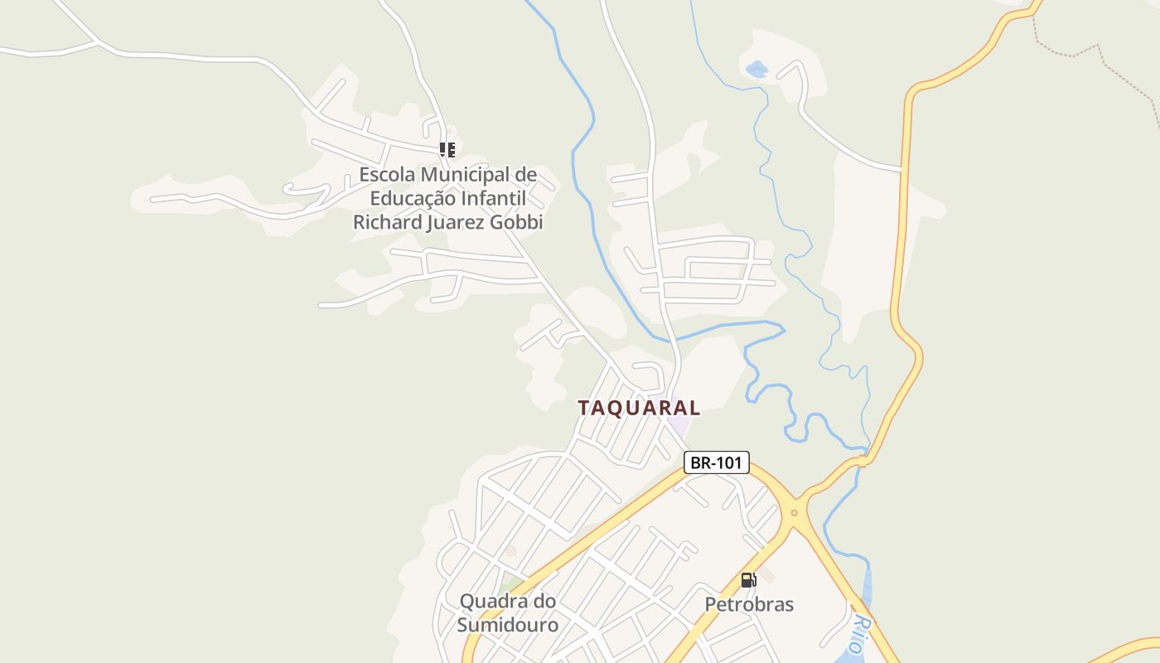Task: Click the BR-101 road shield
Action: (716, 462)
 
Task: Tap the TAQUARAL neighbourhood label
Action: (639, 408)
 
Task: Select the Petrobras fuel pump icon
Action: (748, 580)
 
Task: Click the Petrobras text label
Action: (749, 604)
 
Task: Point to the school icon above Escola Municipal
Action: (447, 150)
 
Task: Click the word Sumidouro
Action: (508, 624)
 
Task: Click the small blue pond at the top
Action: (756, 70)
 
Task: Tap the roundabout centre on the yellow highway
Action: (794, 513)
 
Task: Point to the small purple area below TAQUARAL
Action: (680, 424)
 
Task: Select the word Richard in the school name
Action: (386, 222)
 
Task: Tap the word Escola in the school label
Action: (387, 176)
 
